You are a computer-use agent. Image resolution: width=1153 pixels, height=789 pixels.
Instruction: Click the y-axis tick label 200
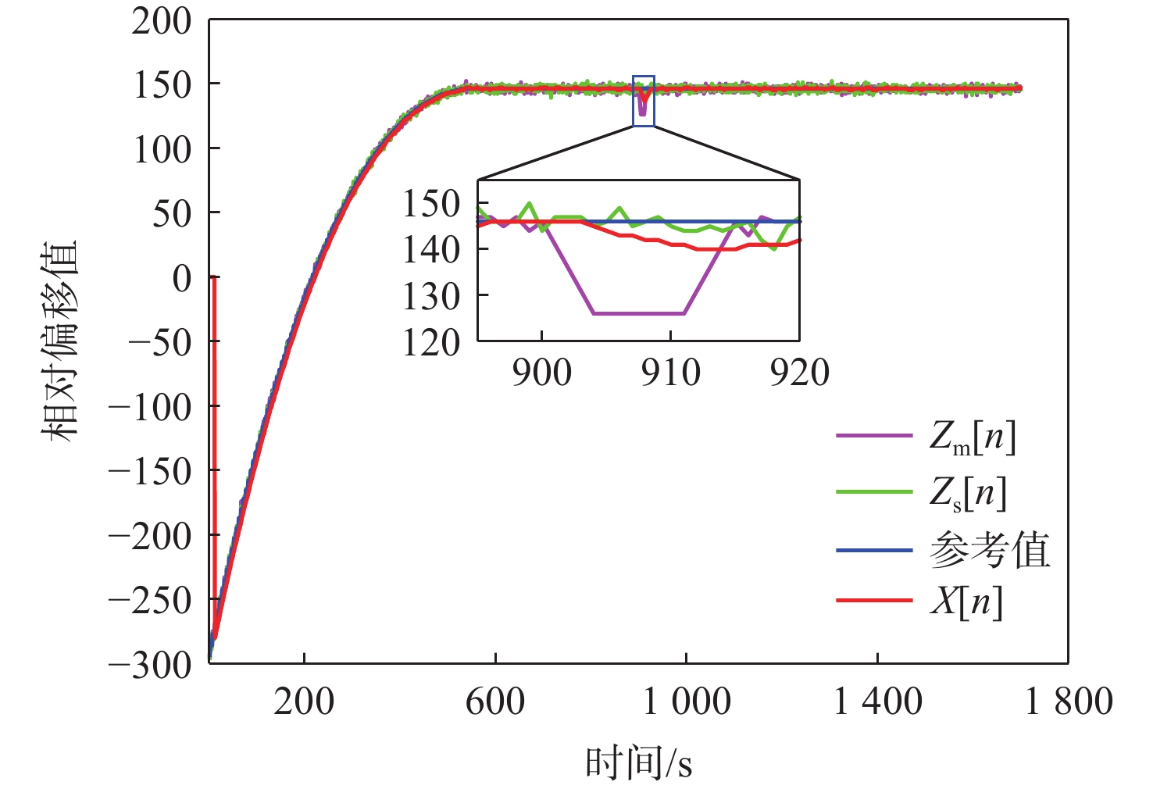click(x=161, y=21)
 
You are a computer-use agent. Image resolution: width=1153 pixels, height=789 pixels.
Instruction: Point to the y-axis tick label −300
click(x=150, y=665)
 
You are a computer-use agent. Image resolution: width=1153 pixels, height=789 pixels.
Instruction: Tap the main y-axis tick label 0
click(x=181, y=278)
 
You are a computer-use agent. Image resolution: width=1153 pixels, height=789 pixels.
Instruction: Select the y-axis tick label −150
click(x=150, y=472)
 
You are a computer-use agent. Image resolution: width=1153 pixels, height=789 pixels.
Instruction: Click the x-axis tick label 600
click(x=494, y=702)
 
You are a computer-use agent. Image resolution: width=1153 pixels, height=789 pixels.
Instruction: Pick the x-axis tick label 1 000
click(x=686, y=702)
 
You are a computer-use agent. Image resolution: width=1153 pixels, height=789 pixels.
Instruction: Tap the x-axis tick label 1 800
click(x=1068, y=702)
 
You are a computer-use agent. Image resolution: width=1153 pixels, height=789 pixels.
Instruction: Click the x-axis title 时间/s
click(x=638, y=763)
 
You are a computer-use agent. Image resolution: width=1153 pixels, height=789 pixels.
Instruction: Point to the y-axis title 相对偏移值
click(x=61, y=341)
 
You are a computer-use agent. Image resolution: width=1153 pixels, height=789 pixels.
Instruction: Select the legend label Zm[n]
click(x=972, y=437)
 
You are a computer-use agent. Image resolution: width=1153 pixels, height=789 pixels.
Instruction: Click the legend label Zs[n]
click(x=967, y=494)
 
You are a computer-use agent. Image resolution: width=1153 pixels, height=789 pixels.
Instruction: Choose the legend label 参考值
click(x=989, y=551)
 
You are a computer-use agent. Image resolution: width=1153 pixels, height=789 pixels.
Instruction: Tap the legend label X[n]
click(x=966, y=602)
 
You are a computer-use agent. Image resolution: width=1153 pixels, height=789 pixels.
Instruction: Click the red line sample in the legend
click(x=873, y=601)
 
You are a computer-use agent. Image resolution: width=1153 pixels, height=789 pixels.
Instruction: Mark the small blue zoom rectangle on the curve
click(x=643, y=101)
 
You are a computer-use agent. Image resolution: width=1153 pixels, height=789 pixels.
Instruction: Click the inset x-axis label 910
click(x=670, y=373)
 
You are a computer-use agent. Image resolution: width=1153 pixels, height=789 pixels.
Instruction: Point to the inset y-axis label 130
click(x=430, y=297)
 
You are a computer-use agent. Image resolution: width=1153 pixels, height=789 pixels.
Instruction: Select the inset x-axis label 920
click(x=799, y=373)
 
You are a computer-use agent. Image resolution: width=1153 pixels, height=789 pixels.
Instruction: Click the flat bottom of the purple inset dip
click(x=638, y=314)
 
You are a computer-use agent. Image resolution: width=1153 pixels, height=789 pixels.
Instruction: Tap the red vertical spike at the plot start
click(x=214, y=437)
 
